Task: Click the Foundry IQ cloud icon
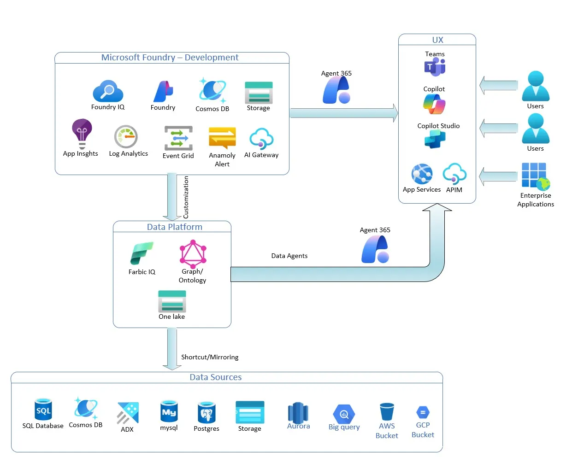(108, 91)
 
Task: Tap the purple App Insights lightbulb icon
(82, 134)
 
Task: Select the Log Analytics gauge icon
(126, 137)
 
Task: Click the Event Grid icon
(178, 138)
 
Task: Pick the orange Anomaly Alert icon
(222, 138)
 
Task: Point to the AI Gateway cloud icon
(261, 139)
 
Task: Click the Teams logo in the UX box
(435, 67)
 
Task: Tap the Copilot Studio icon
(435, 139)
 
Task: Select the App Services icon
(422, 174)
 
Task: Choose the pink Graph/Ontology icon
(193, 254)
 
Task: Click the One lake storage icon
(172, 301)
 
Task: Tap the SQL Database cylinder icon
(43, 409)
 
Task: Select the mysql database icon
(169, 411)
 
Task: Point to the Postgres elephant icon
(206, 412)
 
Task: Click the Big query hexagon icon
(344, 414)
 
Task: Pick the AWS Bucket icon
(387, 412)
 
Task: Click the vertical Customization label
(186, 197)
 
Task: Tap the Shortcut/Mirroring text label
(210, 357)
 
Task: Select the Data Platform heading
(175, 227)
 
